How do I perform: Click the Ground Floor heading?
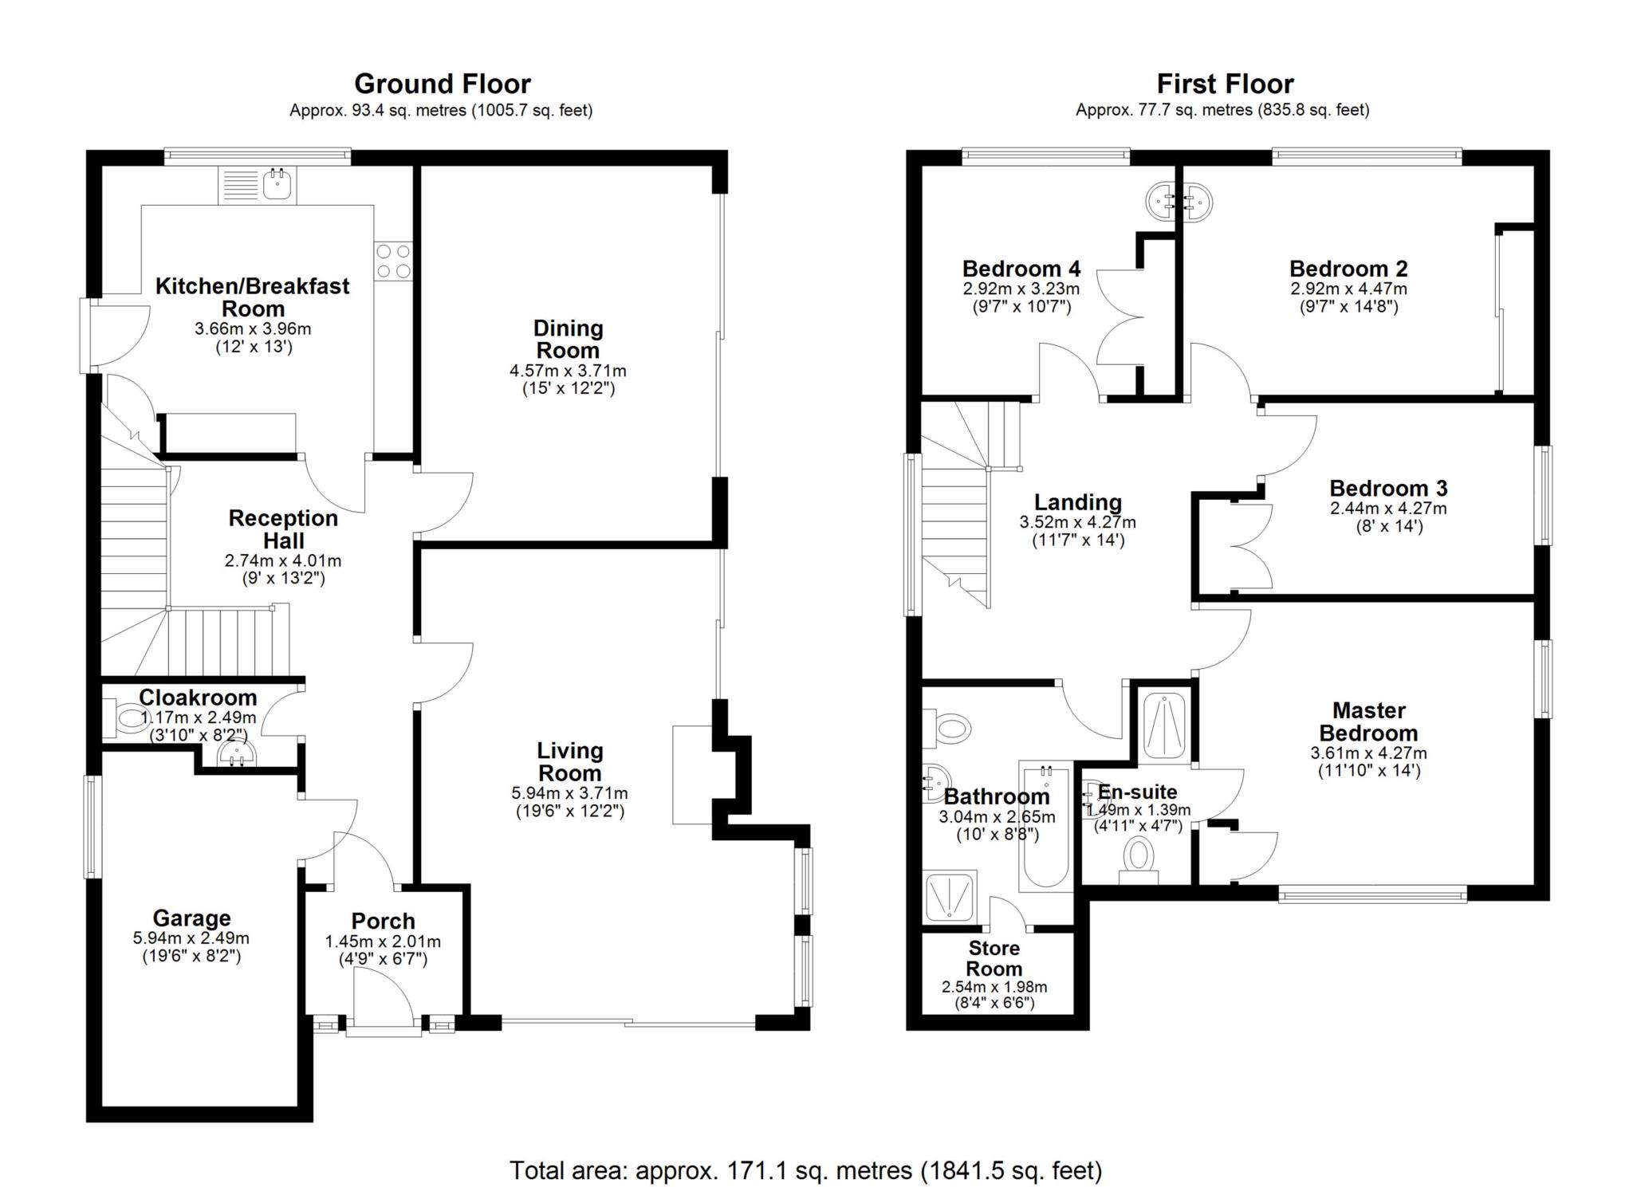point(442,84)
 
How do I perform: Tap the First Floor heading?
point(1225,84)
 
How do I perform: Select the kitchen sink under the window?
point(277,185)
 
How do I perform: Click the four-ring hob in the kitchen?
point(393,260)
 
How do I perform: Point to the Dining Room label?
point(568,339)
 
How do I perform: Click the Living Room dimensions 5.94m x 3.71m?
point(569,793)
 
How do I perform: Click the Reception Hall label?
point(283,529)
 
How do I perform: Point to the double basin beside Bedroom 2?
point(1179,200)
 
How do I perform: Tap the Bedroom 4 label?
point(1021,269)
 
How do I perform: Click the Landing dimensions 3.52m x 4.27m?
point(1077,523)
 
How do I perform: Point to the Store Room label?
point(994,958)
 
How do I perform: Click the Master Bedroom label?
point(1368,721)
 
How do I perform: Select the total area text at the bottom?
point(805,1170)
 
